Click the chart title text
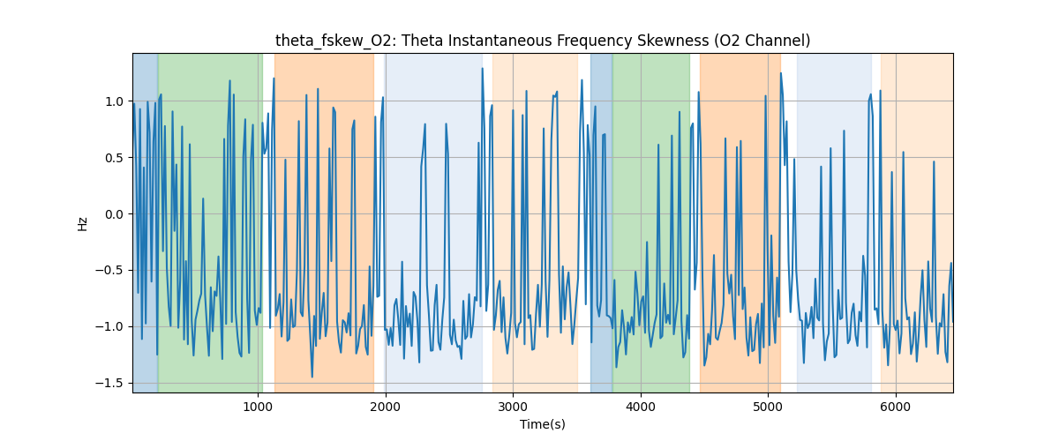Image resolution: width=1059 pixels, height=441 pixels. [542, 41]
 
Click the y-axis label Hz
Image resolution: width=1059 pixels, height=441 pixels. [82, 223]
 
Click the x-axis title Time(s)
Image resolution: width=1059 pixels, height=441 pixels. [542, 424]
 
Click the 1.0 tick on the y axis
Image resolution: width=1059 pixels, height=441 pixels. [116, 101]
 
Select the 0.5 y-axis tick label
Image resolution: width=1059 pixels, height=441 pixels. [116, 158]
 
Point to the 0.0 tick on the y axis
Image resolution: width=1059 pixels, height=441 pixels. [116, 214]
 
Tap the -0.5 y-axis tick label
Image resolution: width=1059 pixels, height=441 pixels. [112, 271]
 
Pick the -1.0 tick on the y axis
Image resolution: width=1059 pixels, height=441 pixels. [112, 326]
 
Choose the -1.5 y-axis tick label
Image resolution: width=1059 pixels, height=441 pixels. [112, 383]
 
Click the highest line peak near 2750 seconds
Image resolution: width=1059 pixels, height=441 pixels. [482, 69]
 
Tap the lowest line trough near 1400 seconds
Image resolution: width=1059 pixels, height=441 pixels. [312, 377]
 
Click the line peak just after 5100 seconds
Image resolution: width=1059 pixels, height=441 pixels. [781, 73]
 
